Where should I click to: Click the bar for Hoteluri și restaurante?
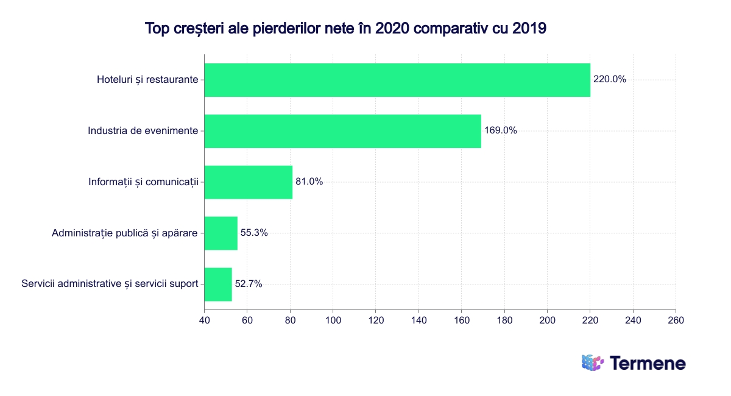[397, 80]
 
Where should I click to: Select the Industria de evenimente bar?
[342, 131]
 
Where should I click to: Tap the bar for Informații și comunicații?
[248, 182]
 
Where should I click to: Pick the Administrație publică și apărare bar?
[221, 233]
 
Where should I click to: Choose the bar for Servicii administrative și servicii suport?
[217, 284]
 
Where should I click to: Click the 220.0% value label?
[609, 79]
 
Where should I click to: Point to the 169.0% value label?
[500, 130]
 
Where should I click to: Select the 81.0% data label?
[309, 182]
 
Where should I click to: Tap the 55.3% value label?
[254, 233]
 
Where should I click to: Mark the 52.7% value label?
[249, 284]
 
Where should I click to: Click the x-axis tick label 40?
[204, 320]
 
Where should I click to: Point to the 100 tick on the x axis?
[333, 320]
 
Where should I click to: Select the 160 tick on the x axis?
[461, 320]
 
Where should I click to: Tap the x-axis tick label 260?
[676, 320]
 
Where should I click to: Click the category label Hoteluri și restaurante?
[147, 80]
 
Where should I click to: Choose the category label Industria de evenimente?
[143, 131]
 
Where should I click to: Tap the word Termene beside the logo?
[648, 364]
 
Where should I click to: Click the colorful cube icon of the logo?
[592, 362]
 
